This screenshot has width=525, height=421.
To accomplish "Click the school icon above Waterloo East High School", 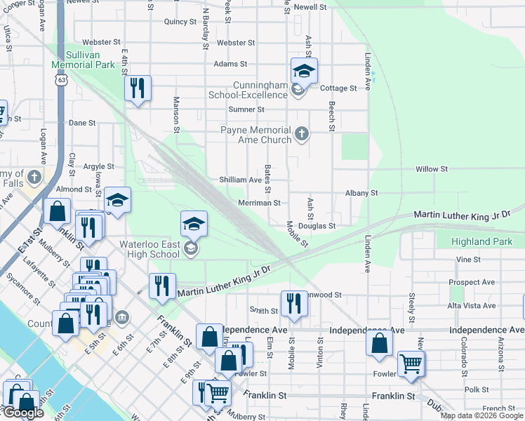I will coord(194,224).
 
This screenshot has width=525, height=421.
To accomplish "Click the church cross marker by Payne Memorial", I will coord(302,133).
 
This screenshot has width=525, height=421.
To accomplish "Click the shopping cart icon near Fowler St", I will coord(410,363).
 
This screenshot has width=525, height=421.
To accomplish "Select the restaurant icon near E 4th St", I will coord(137,88).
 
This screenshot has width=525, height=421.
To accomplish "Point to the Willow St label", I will coord(431,169).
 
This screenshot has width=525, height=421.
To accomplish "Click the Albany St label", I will coord(361,192).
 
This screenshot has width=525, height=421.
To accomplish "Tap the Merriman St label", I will coord(259,203).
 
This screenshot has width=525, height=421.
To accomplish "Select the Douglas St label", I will coord(317,226).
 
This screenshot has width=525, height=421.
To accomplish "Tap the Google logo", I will coord(23,413).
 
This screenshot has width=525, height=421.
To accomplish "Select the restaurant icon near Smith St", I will coord(293,304).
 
